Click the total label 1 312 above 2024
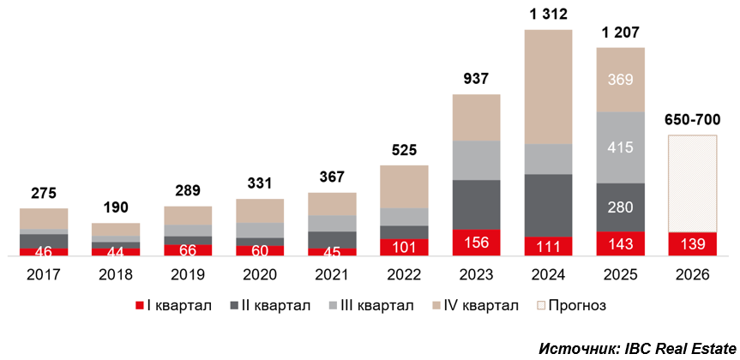[x=548, y=14]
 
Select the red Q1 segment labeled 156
[x=476, y=243]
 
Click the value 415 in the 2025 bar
[x=620, y=147]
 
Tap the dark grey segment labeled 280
[x=620, y=207]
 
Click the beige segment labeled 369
[x=620, y=80]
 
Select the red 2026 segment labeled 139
[x=692, y=244]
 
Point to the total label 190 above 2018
[x=115, y=208]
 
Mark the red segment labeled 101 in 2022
[x=404, y=247]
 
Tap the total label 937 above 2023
[x=476, y=79]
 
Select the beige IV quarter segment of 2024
[x=548, y=87]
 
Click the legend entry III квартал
[x=373, y=305]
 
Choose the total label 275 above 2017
[x=43, y=193]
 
